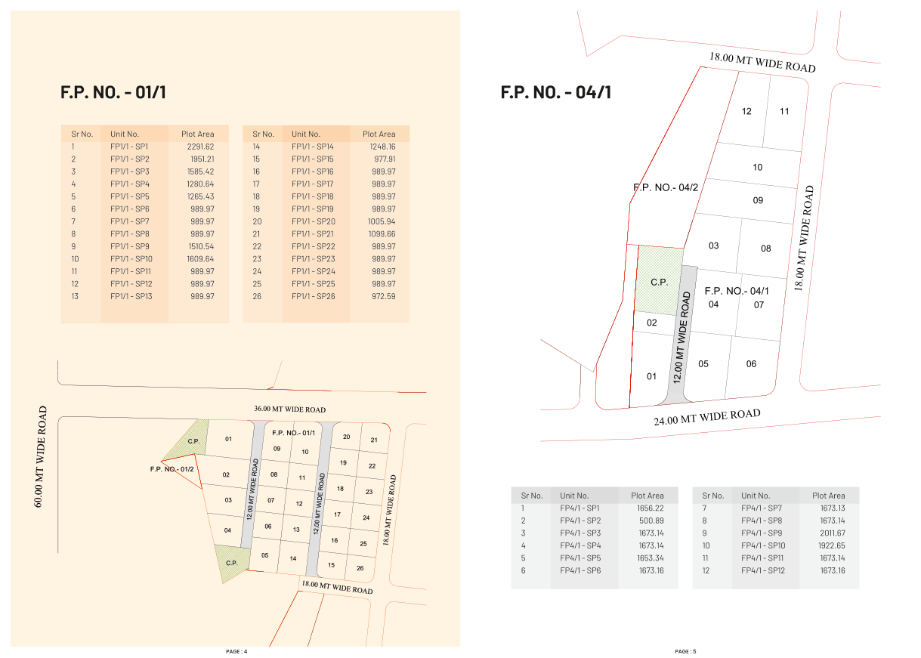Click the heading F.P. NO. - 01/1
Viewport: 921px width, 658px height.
point(113,92)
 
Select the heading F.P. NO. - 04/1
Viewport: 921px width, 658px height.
point(555,92)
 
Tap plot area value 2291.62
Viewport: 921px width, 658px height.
point(201,147)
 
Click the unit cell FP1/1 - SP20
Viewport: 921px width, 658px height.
point(314,221)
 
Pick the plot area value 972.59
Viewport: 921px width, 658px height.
point(384,296)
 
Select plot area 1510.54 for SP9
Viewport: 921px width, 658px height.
point(202,246)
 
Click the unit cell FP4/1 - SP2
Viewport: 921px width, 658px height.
point(580,521)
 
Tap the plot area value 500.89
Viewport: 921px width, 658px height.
point(651,521)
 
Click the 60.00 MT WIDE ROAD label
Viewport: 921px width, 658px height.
point(40,456)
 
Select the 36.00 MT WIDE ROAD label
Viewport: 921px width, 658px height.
point(290,409)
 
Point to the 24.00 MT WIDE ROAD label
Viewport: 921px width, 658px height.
point(707,417)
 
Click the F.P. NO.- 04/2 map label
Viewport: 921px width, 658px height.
point(666,187)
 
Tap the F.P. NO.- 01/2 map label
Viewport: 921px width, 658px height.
point(172,469)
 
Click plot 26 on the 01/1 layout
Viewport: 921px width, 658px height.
point(360,568)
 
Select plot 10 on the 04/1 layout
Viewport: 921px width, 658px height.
point(757,167)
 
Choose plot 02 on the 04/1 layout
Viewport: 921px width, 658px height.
point(652,323)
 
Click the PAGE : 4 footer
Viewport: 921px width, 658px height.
point(236,651)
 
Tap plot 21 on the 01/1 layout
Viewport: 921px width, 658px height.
point(374,440)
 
